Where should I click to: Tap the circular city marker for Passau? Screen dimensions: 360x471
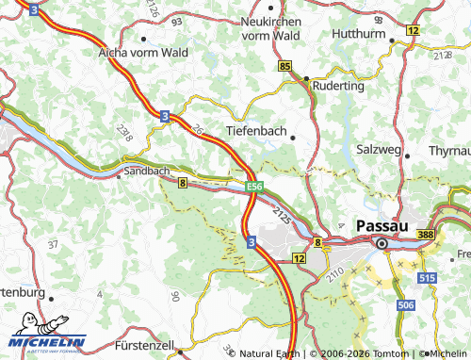pyautogui.click(x=382, y=245)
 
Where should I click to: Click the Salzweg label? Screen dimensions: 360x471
pyautogui.click(x=382, y=150)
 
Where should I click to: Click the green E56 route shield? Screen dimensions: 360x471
pyautogui.click(x=253, y=187)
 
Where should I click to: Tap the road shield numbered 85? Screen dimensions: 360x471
pyautogui.click(x=285, y=66)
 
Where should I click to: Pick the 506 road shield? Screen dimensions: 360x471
pyautogui.click(x=406, y=306)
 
